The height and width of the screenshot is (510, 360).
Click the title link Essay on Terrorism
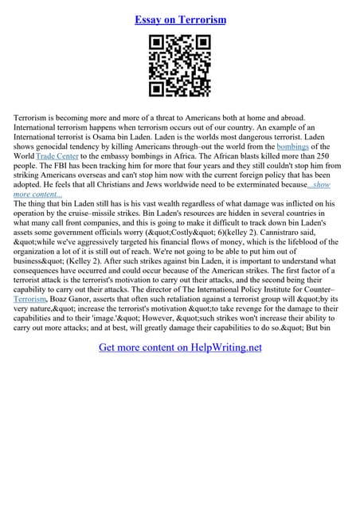coord(180,19)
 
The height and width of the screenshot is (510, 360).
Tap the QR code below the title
coord(180,69)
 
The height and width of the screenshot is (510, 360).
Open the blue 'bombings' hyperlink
coord(291,147)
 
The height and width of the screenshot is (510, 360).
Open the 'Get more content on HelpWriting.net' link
coord(180,347)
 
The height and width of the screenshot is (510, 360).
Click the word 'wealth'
coord(180,204)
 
